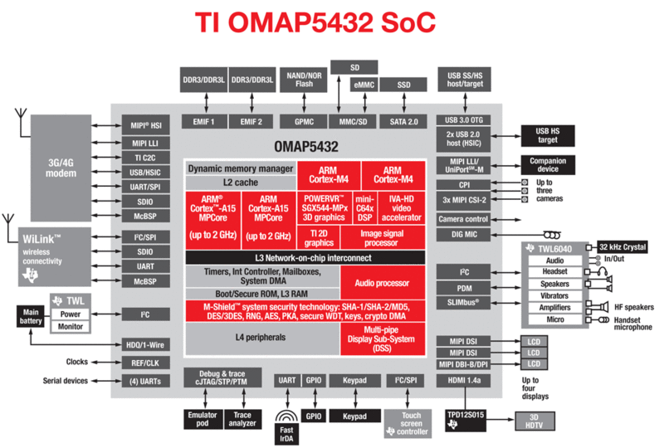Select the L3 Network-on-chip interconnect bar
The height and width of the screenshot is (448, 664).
click(x=303, y=258)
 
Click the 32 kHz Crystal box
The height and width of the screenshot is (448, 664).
click(x=623, y=247)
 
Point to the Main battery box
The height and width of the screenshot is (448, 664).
click(x=30, y=316)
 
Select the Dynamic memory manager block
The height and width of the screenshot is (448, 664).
click(x=241, y=168)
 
